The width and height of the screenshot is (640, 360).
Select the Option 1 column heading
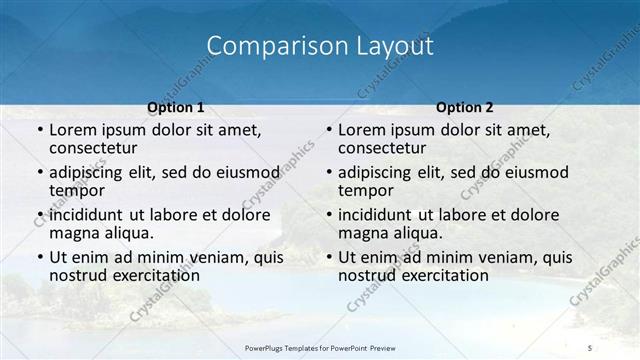click(176, 108)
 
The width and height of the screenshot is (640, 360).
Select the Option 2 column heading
click(465, 108)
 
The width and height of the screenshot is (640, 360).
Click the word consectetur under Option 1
click(96, 149)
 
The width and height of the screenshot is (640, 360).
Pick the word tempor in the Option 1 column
click(76, 191)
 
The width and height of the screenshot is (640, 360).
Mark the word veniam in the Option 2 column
click(501, 257)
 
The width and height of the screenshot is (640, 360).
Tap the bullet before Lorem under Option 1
click(39, 131)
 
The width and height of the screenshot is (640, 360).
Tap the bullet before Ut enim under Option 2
click(328, 258)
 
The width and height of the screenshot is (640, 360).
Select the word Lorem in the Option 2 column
click(361, 130)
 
